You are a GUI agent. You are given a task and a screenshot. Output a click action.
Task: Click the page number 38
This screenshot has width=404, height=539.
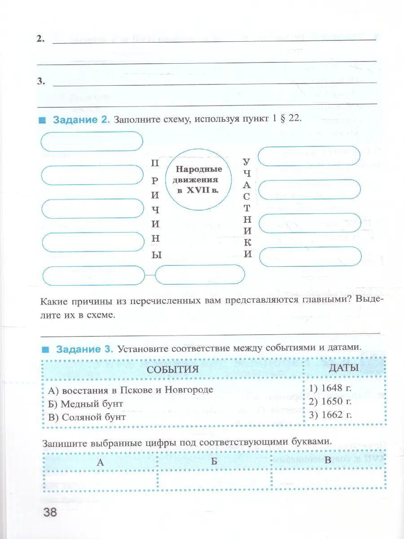point(50,512)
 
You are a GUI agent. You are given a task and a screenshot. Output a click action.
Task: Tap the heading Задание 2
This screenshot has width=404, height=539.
point(81,120)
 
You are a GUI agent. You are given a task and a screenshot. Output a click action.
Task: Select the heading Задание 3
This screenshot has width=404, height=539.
point(83,348)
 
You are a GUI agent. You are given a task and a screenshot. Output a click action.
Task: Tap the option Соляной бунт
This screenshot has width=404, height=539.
point(87,417)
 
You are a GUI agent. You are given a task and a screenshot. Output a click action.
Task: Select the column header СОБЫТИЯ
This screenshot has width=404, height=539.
point(173,369)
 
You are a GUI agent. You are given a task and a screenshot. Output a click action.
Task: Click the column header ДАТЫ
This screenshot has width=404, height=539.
point(344,368)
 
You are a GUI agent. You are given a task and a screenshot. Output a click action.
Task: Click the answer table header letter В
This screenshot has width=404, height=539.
point(327,460)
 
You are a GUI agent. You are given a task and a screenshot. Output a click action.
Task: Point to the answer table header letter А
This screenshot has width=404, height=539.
point(100,461)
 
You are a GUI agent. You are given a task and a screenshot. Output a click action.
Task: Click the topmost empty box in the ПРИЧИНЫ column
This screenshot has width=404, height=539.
point(92,141)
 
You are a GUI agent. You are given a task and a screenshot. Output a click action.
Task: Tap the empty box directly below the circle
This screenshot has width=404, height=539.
point(200,274)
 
